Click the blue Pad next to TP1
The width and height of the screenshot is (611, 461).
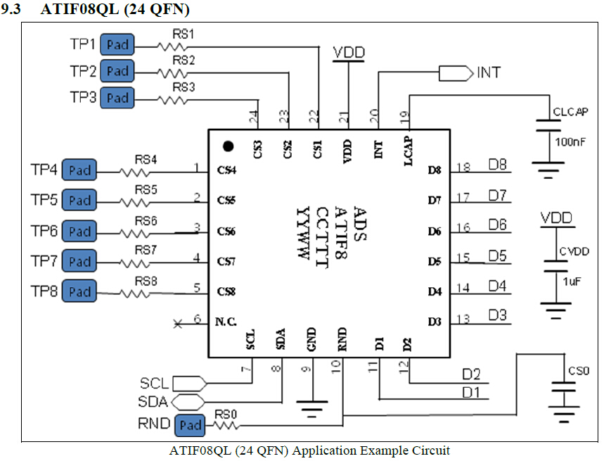[x=117, y=45]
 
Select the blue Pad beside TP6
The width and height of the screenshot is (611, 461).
[x=79, y=231]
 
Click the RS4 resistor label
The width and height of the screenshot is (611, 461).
[x=146, y=160]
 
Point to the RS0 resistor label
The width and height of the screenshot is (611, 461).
[x=226, y=414]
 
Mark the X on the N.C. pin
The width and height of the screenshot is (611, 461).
[x=178, y=323]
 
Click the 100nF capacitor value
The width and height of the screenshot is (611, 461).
[x=571, y=142]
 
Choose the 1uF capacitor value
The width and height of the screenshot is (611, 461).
[x=571, y=280]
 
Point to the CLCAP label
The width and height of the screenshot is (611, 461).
[x=570, y=112]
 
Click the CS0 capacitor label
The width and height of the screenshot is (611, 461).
[x=579, y=370]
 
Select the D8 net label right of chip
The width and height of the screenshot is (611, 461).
[x=498, y=165]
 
